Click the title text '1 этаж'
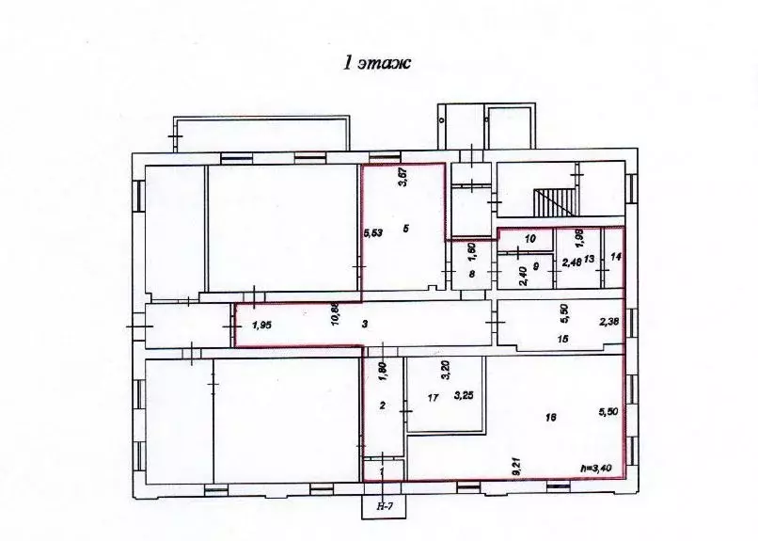point(378,64)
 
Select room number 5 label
point(404,229)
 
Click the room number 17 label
point(433,398)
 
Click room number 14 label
point(616,257)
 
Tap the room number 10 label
point(529,239)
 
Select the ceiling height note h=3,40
point(598,468)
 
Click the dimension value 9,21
point(516,465)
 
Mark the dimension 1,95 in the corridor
point(262,325)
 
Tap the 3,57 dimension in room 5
point(402,178)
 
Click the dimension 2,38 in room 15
point(608,323)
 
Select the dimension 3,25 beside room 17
point(462,396)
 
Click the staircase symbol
point(554,200)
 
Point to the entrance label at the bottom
point(384,506)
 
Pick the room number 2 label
point(383,406)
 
